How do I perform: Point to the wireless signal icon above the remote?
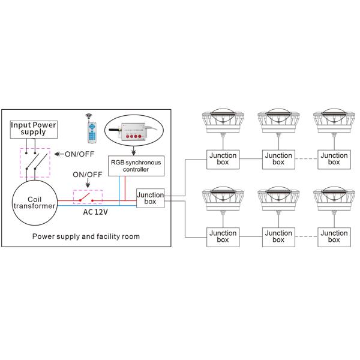point(89,115)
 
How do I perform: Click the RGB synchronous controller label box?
point(137,165)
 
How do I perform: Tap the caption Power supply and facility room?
point(87,236)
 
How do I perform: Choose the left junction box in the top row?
point(223,158)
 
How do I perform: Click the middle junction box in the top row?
point(278,158)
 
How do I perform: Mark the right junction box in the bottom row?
point(334,236)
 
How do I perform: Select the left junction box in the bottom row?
point(223,236)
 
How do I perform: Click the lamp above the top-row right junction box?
point(334,120)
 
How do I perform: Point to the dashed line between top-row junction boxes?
point(305,158)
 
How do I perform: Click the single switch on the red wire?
point(88,197)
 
